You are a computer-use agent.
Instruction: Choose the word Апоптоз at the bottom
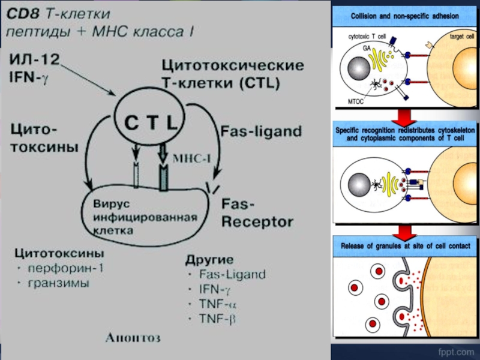click(x=133, y=338)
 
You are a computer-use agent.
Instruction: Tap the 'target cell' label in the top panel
click(x=462, y=37)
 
